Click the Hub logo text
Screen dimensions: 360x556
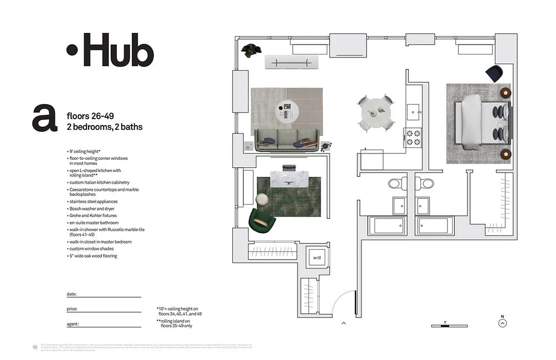(111, 50)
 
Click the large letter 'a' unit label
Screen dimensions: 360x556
(45, 118)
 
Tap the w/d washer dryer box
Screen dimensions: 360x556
(317, 258)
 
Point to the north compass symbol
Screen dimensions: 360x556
(503, 322)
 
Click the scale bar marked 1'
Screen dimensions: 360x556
(449, 325)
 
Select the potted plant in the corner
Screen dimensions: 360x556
(251, 50)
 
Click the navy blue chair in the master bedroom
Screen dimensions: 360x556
(495, 73)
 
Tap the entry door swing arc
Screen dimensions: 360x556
(343, 301)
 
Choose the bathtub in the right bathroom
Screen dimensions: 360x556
(433, 225)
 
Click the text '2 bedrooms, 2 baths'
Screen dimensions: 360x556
(104, 127)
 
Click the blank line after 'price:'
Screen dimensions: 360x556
(110, 309)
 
